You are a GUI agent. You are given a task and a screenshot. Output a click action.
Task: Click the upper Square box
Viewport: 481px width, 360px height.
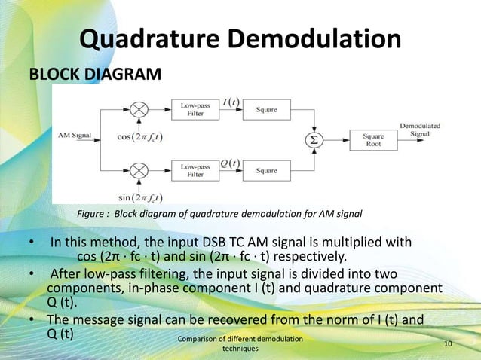[x=266, y=110]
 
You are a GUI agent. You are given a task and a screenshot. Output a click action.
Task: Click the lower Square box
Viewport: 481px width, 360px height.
[x=266, y=171]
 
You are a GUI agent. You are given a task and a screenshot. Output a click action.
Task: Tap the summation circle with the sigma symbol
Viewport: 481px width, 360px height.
[x=312, y=140]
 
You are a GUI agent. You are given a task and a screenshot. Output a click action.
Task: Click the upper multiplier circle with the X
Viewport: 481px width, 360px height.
[x=139, y=110]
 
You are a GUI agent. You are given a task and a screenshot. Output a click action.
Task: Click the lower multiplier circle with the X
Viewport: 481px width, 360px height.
[x=139, y=171]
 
